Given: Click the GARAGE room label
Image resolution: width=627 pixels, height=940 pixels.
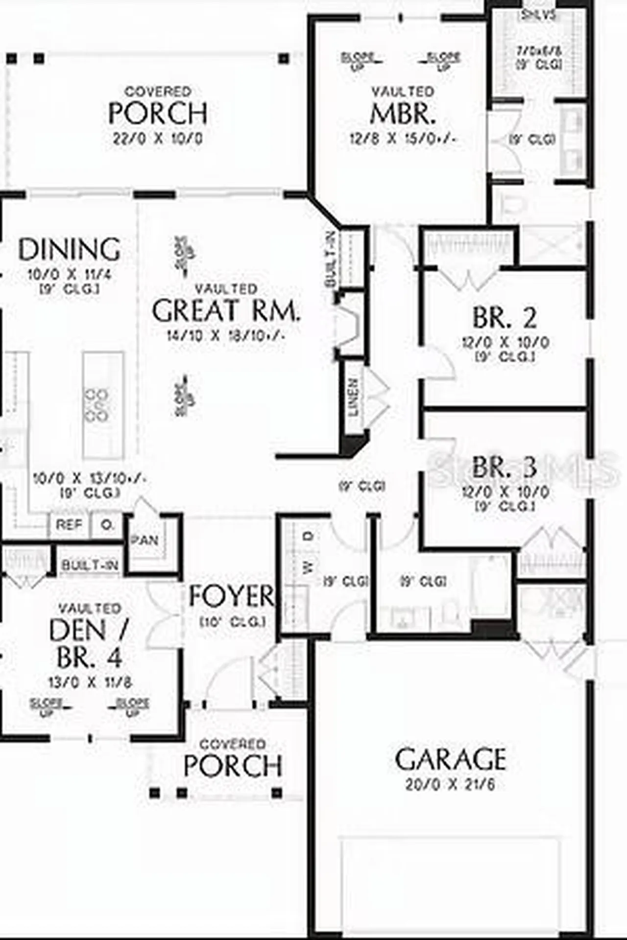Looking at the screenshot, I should [450, 759].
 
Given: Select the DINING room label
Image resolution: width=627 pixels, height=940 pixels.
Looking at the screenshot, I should [69, 249].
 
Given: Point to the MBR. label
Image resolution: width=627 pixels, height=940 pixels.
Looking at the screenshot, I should [402, 114].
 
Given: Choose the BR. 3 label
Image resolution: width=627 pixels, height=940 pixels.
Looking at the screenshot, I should [505, 467].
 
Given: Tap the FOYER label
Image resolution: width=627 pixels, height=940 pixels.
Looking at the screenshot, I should [232, 596].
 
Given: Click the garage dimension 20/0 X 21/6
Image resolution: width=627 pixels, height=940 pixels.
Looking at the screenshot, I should [450, 785].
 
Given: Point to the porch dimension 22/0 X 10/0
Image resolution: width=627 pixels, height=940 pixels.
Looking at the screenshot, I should [157, 139].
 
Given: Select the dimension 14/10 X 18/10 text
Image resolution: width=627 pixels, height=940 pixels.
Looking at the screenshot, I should [226, 336].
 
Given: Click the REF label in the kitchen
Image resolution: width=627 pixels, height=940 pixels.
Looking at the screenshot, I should [69, 525].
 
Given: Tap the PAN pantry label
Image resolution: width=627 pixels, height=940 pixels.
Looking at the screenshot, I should [145, 540].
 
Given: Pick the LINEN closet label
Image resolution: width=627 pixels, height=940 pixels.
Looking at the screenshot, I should [353, 397].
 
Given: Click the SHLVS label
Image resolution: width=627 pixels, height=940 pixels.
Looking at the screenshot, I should [538, 15].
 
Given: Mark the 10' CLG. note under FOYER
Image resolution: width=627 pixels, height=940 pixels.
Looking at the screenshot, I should [233, 622].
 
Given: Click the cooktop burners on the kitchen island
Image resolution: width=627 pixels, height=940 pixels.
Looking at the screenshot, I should [97, 404].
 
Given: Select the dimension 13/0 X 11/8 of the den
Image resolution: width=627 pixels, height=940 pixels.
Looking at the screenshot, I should [90, 682].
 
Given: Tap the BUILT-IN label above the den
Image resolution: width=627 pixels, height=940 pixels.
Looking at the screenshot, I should [90, 565].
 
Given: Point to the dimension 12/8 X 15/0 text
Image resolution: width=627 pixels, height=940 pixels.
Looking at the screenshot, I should [402, 139].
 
